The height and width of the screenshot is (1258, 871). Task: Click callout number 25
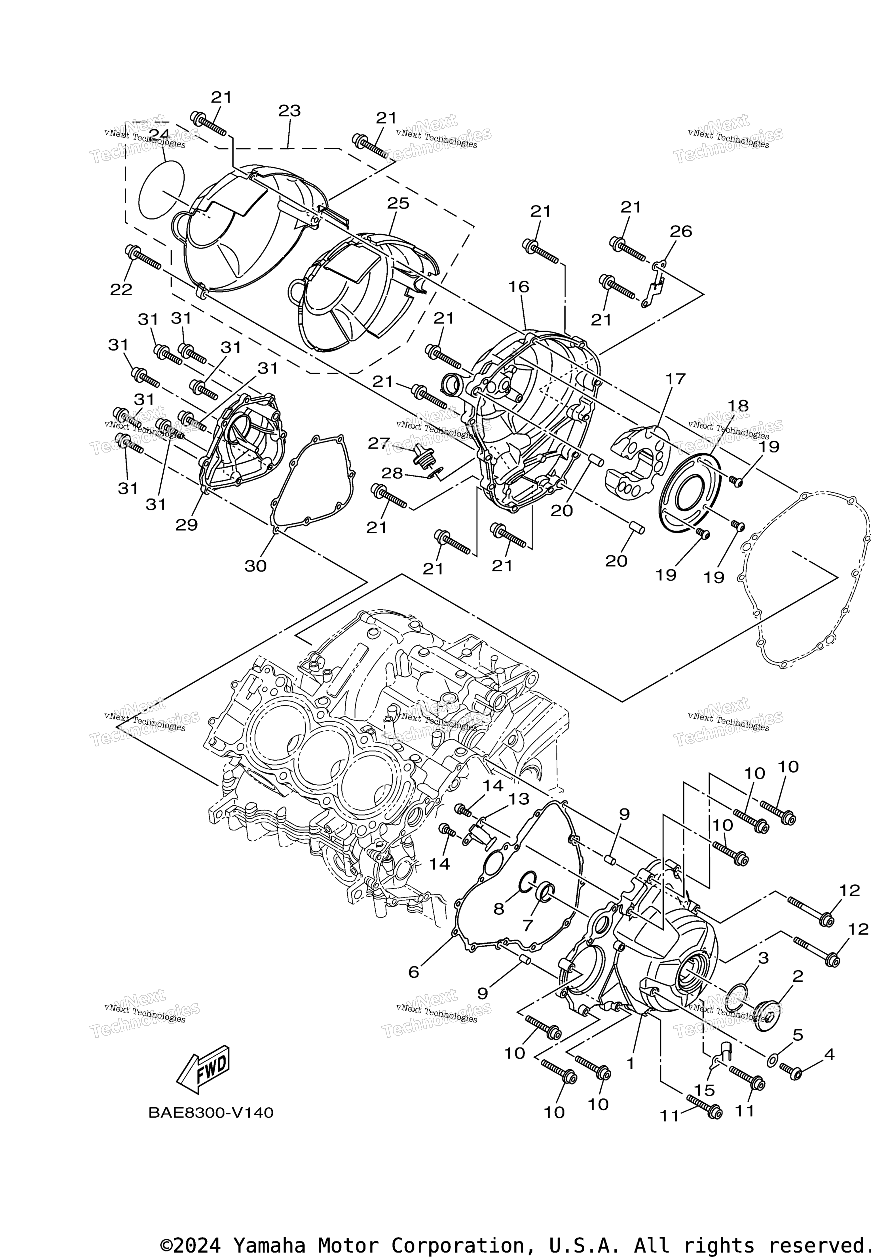click(398, 204)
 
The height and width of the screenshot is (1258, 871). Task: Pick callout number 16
click(519, 287)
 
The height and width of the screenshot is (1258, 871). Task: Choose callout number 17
click(675, 379)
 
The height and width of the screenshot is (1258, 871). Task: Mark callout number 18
click(738, 406)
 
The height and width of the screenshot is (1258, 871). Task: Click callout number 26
click(680, 232)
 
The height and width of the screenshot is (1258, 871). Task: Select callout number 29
click(186, 525)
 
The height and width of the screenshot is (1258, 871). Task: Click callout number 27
click(378, 443)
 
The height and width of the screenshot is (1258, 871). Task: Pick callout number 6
click(414, 972)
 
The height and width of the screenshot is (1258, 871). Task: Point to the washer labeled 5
click(772, 1060)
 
